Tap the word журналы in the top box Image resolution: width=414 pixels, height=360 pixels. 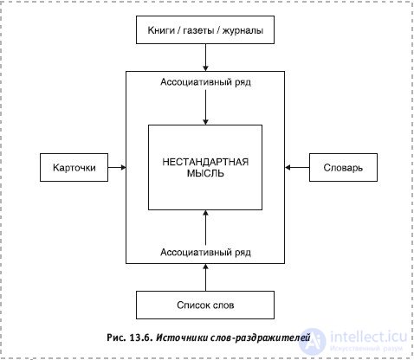243,31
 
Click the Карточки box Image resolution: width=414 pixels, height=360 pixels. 74,167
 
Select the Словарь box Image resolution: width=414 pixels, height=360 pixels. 343,167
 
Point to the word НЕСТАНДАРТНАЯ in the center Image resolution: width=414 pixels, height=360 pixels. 205,162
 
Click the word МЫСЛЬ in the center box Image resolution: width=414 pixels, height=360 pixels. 205,173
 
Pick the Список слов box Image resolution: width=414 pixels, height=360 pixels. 205,305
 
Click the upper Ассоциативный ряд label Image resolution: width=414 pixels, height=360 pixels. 205,82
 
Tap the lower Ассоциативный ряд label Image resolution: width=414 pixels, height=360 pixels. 205,253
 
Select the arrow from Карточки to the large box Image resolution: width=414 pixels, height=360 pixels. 117,167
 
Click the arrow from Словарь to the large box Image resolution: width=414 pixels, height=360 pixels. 297,167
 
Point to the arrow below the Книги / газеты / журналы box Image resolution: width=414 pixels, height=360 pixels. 205,57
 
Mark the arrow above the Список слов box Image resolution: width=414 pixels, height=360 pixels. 205,277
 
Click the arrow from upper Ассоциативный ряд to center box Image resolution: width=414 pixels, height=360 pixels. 205,107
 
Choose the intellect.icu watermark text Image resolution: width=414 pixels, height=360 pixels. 368,337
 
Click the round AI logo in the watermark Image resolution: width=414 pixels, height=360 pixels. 313,341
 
